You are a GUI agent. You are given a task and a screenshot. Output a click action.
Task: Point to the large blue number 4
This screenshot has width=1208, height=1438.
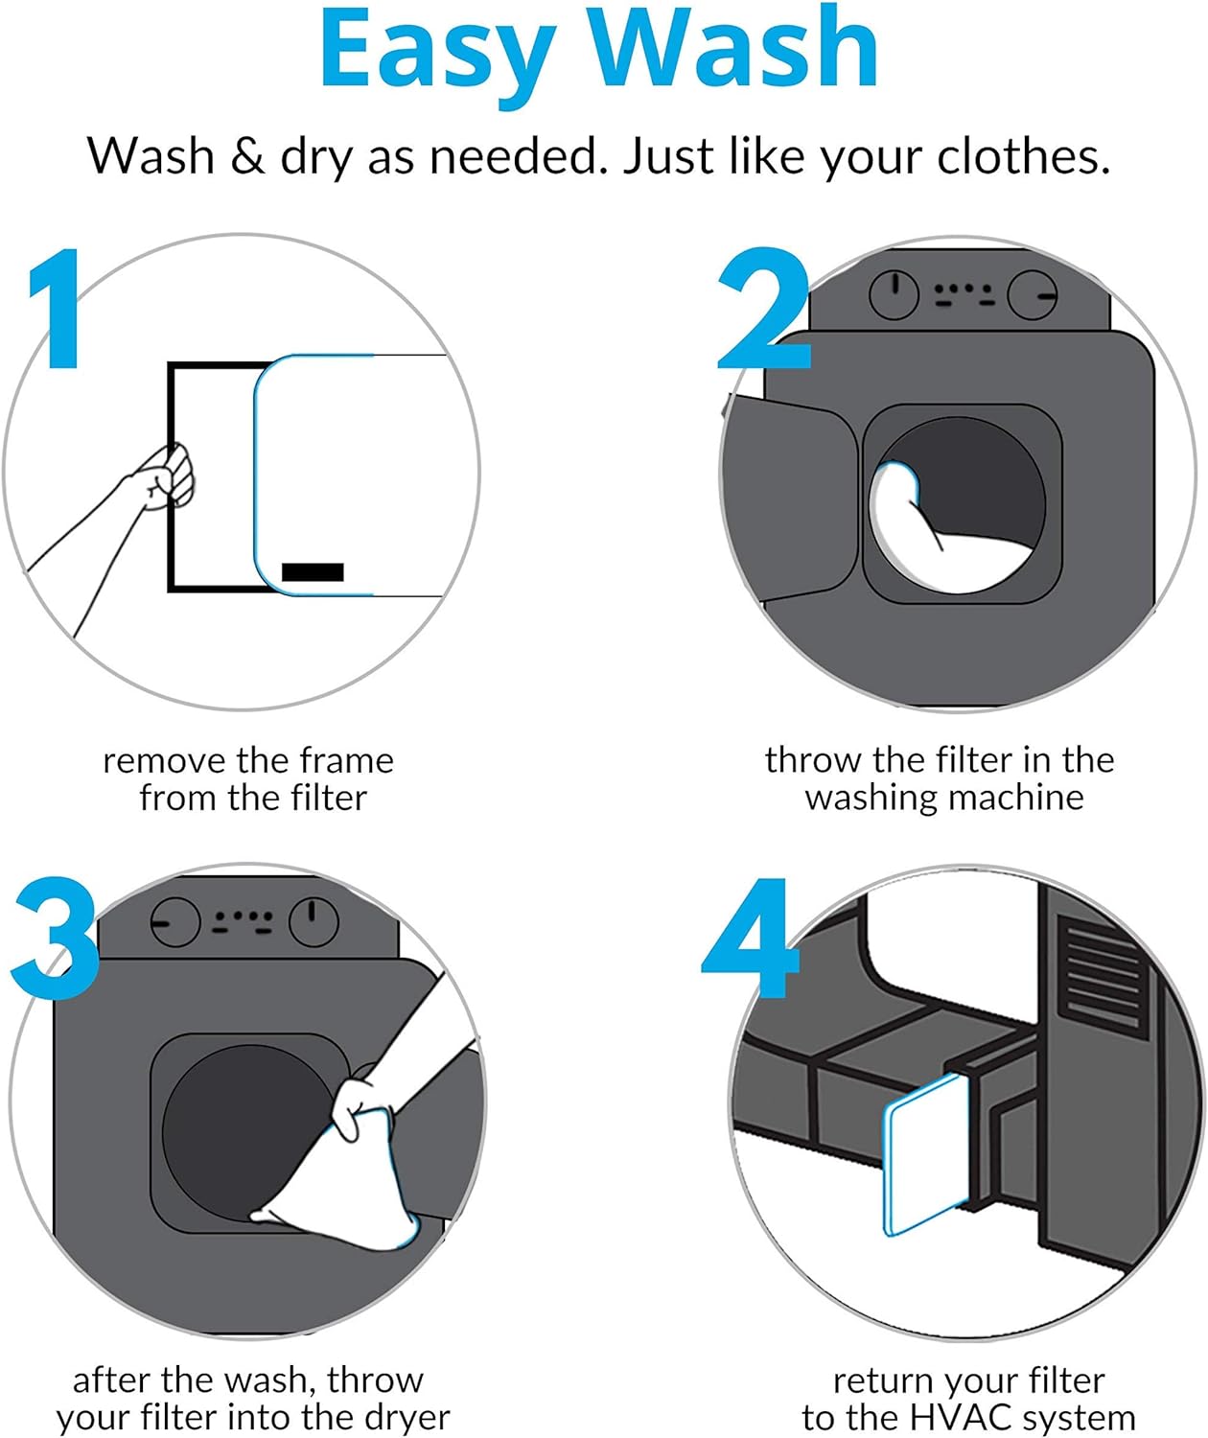click(751, 937)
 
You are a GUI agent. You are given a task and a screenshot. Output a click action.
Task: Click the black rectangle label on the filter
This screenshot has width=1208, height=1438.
click(313, 571)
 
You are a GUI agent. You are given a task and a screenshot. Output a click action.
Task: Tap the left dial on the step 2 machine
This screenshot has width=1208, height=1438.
click(894, 294)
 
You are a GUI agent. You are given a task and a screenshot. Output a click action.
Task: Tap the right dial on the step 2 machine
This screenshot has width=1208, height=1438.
click(1032, 294)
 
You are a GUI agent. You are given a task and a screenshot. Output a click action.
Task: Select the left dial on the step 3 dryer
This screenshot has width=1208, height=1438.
click(175, 921)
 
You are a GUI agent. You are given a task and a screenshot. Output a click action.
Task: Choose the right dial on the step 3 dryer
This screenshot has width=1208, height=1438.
click(314, 921)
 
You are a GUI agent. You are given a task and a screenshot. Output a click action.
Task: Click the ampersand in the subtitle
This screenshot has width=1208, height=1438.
click(246, 155)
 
